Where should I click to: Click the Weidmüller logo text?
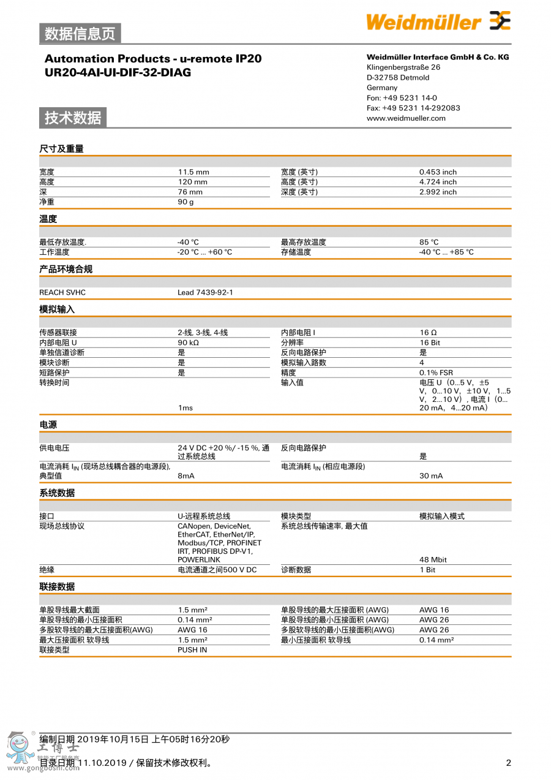pyautogui.click(x=424, y=22)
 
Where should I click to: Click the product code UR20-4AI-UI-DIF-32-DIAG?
pyautogui.click(x=118, y=72)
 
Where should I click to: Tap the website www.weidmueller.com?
pyautogui.click(x=406, y=118)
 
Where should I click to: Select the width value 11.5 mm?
pyautogui.click(x=193, y=172)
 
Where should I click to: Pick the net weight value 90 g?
pyautogui.click(x=186, y=202)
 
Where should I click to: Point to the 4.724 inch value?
pyautogui.click(x=438, y=182)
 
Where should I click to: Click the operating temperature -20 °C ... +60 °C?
pyautogui.click(x=205, y=252)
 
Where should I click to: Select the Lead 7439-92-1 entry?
pyautogui.click(x=205, y=292)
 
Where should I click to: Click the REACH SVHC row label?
pyautogui.click(x=62, y=292)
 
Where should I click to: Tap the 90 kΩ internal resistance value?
pyautogui.click(x=189, y=343)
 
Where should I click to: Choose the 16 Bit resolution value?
pyautogui.click(x=430, y=343)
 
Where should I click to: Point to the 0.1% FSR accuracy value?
pyautogui.click(x=436, y=373)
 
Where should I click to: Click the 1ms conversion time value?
pyautogui.click(x=186, y=408)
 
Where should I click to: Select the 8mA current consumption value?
pyautogui.click(x=186, y=475)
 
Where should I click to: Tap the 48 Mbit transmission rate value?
pyautogui.click(x=433, y=559)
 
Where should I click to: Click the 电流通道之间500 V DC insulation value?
pyautogui.click(x=217, y=570)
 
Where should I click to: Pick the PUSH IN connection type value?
pyautogui.click(x=192, y=649)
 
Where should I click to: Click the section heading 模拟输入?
pyautogui.click(x=57, y=309)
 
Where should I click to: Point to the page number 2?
pyautogui.click(x=508, y=763)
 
